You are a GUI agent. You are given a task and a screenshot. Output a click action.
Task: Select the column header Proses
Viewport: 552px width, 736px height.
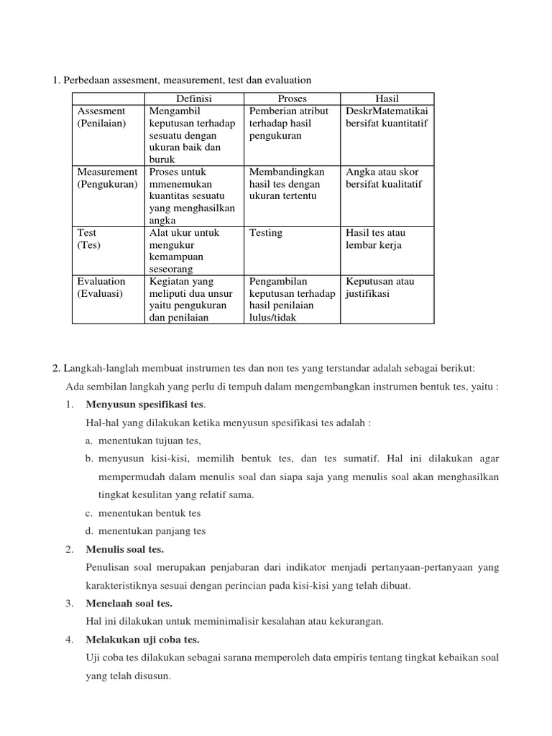(x=292, y=98)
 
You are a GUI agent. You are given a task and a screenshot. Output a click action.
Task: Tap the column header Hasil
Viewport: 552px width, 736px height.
(x=387, y=98)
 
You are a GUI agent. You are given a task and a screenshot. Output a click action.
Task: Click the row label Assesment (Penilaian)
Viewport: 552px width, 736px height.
(x=101, y=117)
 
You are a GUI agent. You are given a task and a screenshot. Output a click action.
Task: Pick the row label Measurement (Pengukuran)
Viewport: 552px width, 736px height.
(x=107, y=178)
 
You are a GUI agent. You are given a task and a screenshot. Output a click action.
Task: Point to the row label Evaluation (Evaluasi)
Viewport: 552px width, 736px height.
(x=101, y=287)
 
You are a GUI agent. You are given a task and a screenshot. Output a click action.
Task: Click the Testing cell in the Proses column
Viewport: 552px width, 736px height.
(x=266, y=233)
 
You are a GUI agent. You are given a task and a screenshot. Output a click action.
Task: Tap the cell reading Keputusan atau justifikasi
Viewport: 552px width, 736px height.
(x=379, y=287)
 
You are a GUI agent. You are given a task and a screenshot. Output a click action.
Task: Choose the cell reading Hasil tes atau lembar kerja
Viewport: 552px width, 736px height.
(x=374, y=239)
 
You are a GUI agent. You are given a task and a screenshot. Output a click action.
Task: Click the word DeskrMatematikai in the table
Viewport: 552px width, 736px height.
(x=387, y=111)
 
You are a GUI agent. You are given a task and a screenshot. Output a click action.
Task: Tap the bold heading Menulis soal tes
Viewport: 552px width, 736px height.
(x=124, y=549)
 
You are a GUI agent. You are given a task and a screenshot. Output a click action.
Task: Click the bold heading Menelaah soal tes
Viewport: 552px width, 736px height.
(x=129, y=603)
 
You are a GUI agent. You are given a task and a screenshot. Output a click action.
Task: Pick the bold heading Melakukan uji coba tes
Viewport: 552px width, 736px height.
(x=142, y=639)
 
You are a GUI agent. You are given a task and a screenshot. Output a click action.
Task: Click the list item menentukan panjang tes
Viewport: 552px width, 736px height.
(x=152, y=531)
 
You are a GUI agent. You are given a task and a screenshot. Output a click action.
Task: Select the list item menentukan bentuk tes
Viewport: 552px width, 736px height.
(x=149, y=513)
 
